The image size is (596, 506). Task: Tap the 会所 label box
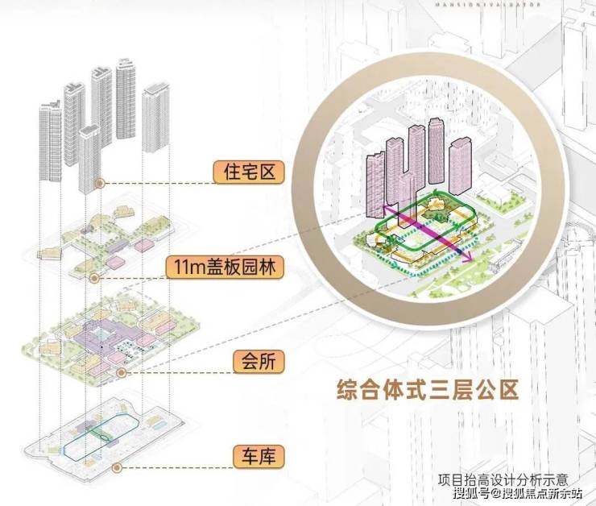click(247, 360)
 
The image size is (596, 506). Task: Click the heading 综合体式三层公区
click(427, 389)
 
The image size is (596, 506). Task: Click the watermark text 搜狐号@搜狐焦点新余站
click(516, 492)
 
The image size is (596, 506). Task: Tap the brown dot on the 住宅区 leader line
click(100, 184)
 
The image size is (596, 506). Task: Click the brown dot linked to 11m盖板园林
click(95, 277)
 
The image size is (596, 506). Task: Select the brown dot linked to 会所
click(122, 372)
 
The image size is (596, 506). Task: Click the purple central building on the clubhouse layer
click(103, 334)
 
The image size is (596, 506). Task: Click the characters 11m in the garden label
click(184, 266)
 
